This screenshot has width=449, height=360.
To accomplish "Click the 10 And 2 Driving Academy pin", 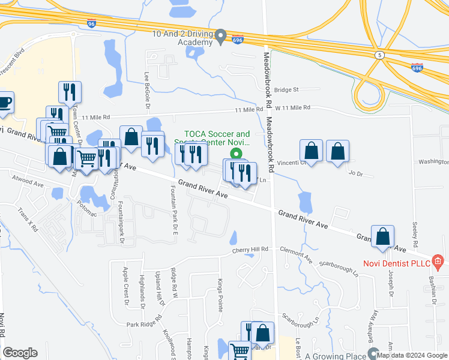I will [x=221, y=37].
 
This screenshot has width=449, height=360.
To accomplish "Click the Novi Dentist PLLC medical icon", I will [x=438, y=261].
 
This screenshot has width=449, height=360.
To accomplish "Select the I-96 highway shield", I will [x=91, y=24].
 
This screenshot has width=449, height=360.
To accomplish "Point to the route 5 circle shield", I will [x=379, y=55].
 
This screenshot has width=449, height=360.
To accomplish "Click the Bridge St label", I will [x=286, y=90].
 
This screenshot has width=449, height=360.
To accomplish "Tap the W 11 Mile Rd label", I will [x=293, y=108].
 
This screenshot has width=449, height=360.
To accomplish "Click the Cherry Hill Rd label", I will [x=250, y=249].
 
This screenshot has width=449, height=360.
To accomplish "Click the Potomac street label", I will [x=88, y=205].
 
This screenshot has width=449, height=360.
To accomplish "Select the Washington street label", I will [x=433, y=162].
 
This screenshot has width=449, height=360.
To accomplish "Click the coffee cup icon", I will [x=4, y=103].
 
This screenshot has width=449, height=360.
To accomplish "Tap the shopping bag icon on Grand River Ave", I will [x=383, y=237].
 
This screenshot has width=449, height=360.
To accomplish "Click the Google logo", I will [x=20, y=353].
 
